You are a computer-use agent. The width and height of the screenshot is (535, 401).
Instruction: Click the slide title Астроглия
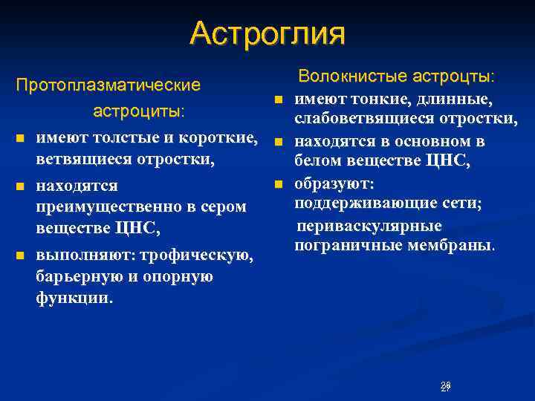coord(267,33)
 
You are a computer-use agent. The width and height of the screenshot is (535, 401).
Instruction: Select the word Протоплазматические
coord(108,85)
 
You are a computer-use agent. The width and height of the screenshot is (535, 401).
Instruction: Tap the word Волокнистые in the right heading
coord(343,76)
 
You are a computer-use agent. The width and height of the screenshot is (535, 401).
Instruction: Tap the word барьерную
coord(74,277)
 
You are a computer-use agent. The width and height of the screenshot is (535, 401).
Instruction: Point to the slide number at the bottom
coord(445,386)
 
